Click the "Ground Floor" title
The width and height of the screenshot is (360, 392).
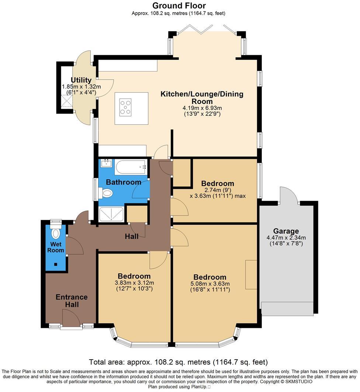click(x=179, y=6)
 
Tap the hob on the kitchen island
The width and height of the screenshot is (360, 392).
click(x=126, y=106)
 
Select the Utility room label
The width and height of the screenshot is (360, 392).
click(x=81, y=80)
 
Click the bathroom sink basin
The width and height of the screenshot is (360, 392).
click(x=106, y=163)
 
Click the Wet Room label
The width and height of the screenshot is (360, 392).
click(x=56, y=247)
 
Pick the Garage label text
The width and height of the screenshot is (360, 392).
click(x=286, y=231)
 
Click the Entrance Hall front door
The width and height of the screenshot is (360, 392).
click(x=70, y=318)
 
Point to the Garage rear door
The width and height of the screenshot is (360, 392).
click(x=289, y=195)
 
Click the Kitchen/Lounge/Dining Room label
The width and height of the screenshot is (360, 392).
click(x=202, y=98)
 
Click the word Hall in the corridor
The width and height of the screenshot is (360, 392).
click(x=131, y=236)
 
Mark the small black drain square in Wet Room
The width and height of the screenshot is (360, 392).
click(x=55, y=264)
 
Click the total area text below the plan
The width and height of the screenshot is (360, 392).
click(x=179, y=362)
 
